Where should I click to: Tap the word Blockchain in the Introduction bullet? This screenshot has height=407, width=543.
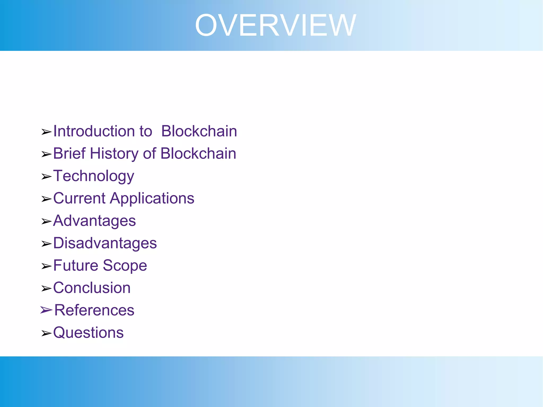(199, 131)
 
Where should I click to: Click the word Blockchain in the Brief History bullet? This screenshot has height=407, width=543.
(198, 153)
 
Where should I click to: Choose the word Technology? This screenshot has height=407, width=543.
(94, 176)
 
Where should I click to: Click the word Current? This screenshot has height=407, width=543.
(79, 198)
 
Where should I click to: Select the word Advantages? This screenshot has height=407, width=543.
(94, 221)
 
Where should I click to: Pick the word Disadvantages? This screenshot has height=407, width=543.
(105, 243)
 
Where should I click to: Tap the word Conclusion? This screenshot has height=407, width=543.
(92, 288)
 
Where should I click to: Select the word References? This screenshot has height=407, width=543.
(94, 310)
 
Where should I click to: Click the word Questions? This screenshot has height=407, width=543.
(88, 333)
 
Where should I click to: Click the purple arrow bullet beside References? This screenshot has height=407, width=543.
(46, 310)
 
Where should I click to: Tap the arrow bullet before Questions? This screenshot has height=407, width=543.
(46, 333)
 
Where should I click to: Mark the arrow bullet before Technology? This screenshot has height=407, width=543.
(46, 177)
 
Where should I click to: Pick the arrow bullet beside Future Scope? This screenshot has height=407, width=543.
(46, 266)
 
